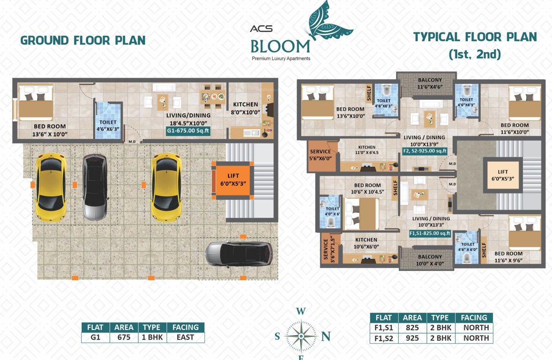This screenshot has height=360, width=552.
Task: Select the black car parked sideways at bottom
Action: (239, 254)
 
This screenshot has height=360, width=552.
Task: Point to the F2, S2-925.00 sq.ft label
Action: (424, 151)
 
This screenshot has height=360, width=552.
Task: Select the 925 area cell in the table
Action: (412, 338)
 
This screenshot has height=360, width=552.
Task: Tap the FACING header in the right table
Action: (474, 317)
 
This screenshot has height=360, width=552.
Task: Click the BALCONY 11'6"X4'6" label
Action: (426, 83)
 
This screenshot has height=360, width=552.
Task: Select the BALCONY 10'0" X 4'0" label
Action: (430, 260)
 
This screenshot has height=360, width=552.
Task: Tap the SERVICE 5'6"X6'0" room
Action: (321, 155)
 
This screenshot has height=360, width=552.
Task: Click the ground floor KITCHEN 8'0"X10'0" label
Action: (245, 108)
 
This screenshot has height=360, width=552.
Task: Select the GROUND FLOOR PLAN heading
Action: (83, 40)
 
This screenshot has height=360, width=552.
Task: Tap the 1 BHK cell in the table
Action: (151, 337)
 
